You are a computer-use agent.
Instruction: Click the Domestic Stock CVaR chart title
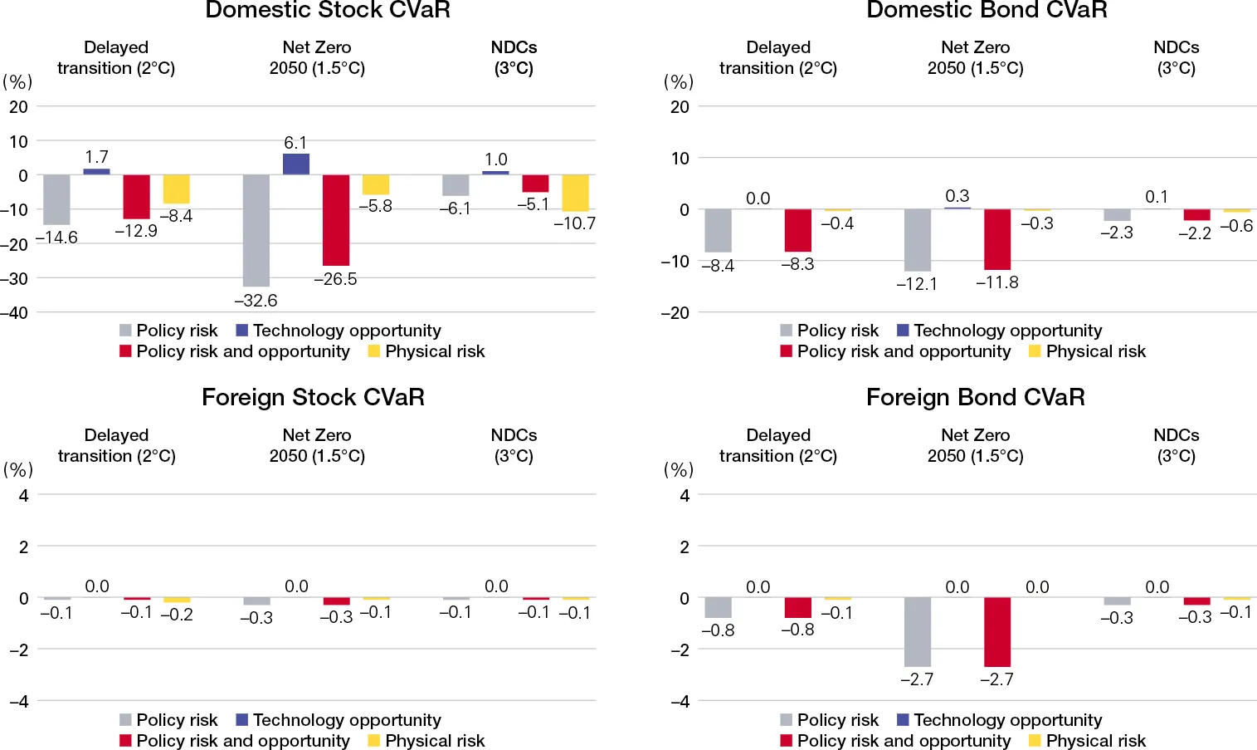pyautogui.click(x=327, y=11)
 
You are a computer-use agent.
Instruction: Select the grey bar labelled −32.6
pyautogui.click(x=256, y=230)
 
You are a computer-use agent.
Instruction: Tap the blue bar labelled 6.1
pyautogui.click(x=296, y=164)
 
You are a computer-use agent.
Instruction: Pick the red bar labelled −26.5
pyautogui.click(x=336, y=219)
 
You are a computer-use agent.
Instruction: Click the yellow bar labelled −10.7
pyautogui.click(x=575, y=193)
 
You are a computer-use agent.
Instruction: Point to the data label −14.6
pyautogui.click(x=56, y=238)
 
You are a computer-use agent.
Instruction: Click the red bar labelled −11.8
pyautogui.click(x=997, y=239)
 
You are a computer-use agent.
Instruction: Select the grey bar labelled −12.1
pyautogui.click(x=917, y=240)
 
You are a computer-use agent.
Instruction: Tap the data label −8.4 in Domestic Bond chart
pyautogui.click(x=718, y=266)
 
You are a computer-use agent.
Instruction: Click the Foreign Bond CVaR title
pyautogui.click(x=975, y=397)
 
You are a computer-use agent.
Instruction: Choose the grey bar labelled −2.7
pyautogui.click(x=917, y=631)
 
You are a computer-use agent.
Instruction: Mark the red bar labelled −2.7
pyautogui.click(x=997, y=631)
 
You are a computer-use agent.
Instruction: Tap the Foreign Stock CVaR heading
pyautogui.click(x=313, y=397)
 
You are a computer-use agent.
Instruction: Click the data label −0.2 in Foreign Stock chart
pyautogui.click(x=177, y=615)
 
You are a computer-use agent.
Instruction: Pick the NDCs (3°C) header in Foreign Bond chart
pyautogui.click(x=1176, y=445)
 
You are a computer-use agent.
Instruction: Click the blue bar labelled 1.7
pyautogui.click(x=96, y=171)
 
